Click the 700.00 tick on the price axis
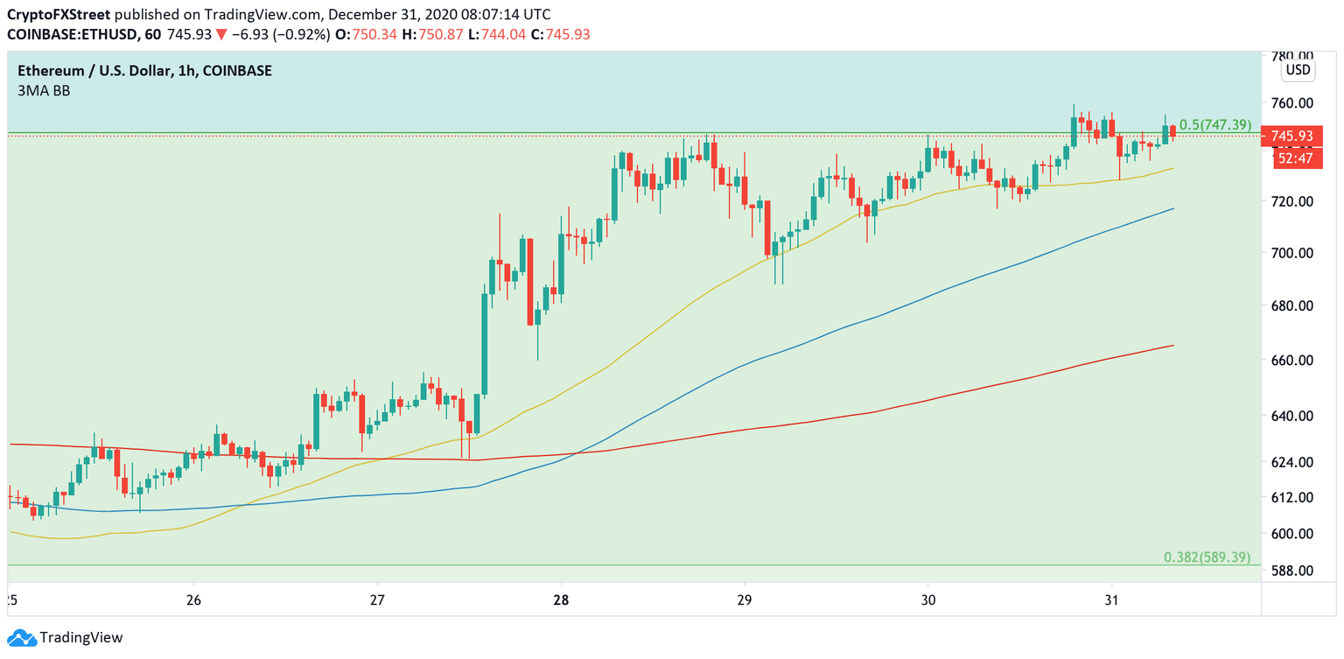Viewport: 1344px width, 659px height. (x=1292, y=253)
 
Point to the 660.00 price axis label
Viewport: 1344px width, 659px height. (x=1292, y=360)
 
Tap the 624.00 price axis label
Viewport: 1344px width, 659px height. (x=1292, y=461)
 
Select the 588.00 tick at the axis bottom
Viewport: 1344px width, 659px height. (x=1292, y=570)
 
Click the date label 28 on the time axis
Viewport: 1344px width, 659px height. (x=561, y=600)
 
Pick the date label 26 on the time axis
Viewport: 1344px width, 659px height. (x=194, y=600)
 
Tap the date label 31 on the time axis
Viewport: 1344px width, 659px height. (x=1111, y=600)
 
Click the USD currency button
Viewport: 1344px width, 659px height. (x=1297, y=70)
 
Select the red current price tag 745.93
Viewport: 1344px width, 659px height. (x=1291, y=137)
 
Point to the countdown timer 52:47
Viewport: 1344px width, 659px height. (x=1291, y=158)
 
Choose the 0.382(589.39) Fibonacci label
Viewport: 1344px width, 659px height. (x=1207, y=557)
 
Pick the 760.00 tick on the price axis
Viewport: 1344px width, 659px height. (x=1292, y=102)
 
